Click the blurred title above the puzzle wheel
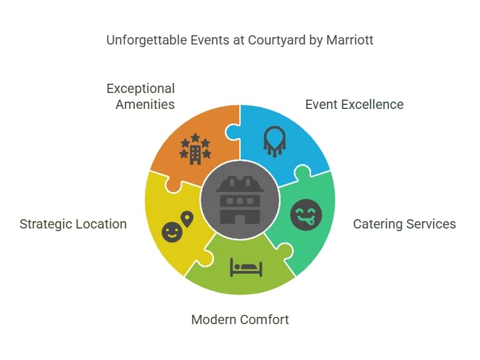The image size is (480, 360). [x=241, y=41]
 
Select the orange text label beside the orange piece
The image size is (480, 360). [x=141, y=96]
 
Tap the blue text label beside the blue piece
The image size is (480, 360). [x=353, y=105]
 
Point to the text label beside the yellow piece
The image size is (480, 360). [x=72, y=223]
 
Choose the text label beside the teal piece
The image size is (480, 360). [x=404, y=223]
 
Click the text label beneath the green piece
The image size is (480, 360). [x=241, y=319]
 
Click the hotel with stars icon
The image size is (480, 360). [x=195, y=149]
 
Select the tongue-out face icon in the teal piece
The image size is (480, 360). [x=306, y=215]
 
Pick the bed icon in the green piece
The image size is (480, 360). [x=246, y=267]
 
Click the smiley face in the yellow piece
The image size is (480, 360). [x=172, y=232]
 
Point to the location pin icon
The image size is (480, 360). [x=187, y=218]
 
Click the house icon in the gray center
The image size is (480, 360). [x=240, y=200]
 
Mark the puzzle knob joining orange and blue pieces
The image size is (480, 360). [x=233, y=132]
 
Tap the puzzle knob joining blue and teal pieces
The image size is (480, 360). [x=301, y=175]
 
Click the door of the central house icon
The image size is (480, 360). [x=240, y=217]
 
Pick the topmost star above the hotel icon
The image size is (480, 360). [x=195, y=137]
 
